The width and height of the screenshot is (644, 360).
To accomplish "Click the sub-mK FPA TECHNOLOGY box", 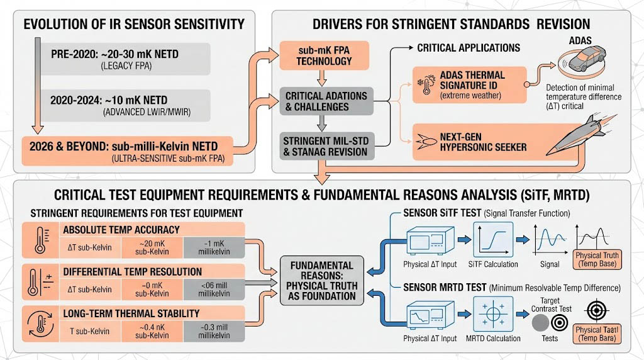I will click(x=324, y=56).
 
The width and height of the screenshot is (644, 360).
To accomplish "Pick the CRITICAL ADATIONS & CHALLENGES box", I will click(x=326, y=101).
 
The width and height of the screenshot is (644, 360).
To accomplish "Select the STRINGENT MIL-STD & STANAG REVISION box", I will click(x=326, y=145).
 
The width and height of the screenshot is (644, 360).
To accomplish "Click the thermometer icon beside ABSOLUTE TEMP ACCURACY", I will click(x=38, y=239).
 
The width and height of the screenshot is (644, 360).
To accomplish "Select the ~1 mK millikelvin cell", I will click(x=213, y=247).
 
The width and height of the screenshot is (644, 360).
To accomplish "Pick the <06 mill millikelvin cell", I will click(x=213, y=289).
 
